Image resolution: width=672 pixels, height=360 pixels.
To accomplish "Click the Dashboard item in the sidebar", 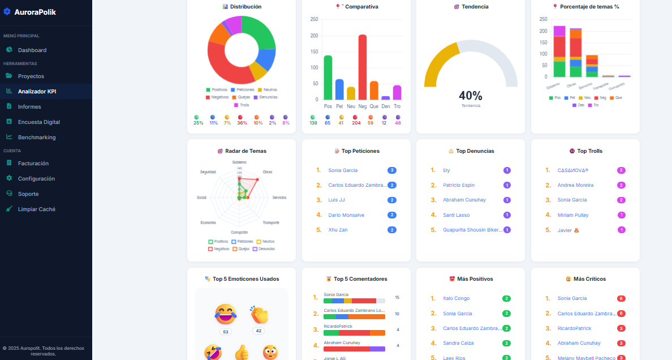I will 32,50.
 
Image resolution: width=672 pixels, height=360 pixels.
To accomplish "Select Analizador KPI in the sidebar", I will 37,91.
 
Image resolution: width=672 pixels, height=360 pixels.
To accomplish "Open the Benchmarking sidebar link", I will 36,137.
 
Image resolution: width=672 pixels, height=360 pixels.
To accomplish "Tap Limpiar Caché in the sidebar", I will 36,209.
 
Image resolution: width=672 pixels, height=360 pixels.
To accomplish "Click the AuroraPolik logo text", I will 35,12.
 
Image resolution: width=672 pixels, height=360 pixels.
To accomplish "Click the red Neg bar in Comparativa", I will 362,68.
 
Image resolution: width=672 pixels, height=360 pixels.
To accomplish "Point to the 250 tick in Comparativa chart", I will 315,19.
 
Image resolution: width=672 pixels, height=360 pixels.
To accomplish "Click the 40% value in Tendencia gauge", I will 470,96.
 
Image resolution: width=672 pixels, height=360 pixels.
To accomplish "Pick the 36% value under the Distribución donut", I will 242,123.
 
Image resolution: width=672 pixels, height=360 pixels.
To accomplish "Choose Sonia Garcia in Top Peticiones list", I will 343,170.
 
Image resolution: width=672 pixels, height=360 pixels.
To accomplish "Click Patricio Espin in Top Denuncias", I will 459,185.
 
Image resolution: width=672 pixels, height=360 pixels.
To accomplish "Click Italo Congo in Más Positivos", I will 456,298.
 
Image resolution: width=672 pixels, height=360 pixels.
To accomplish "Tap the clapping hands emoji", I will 259,315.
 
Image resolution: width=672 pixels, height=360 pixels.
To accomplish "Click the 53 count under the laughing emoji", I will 226,332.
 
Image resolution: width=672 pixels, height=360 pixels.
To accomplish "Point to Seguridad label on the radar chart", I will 208,172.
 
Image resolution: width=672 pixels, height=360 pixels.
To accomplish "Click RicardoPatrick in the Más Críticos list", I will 574,328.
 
